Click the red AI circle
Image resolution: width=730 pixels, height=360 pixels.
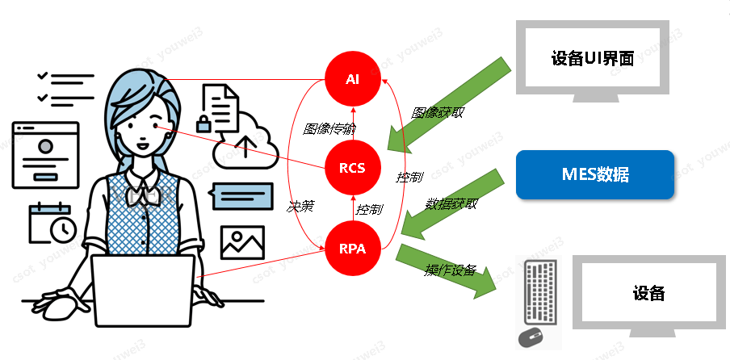[x=352, y=79]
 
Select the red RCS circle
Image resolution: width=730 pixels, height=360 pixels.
[x=352, y=168]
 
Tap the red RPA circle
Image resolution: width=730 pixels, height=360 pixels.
[x=352, y=249]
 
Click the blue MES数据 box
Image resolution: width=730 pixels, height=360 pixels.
[x=594, y=174]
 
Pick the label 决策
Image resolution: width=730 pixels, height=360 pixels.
[x=300, y=206]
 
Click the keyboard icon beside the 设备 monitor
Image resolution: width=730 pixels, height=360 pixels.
[x=539, y=291]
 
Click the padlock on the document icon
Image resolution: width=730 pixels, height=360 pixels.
[x=204, y=123]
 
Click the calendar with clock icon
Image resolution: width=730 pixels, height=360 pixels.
[x=52, y=223]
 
